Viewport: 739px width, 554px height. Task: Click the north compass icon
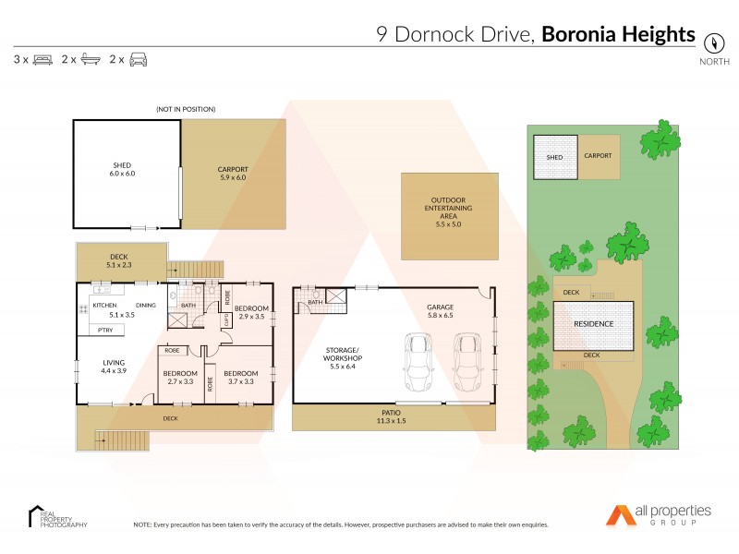click(x=713, y=42)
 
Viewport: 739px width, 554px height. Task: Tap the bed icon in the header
click(x=42, y=60)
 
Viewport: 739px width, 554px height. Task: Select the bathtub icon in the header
click(x=91, y=60)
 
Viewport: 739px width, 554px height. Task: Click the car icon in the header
click(x=139, y=60)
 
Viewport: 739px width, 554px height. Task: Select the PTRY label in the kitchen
click(x=105, y=330)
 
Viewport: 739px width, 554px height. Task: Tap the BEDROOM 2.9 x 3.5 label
click(x=251, y=312)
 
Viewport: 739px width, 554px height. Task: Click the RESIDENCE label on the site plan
click(x=594, y=325)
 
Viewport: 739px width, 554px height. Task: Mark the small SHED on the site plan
click(x=554, y=157)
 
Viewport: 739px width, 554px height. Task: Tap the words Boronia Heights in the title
click(x=618, y=35)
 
